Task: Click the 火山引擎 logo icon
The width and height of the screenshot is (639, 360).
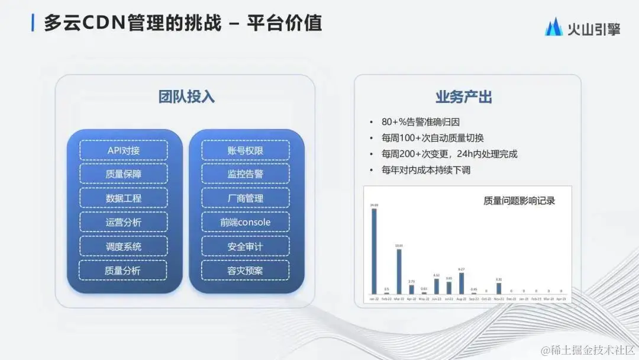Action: (x=554, y=27)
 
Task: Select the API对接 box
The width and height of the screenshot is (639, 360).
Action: (x=123, y=150)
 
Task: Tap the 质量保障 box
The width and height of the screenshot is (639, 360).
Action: (x=123, y=174)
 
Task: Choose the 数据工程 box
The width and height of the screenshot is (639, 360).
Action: (x=123, y=198)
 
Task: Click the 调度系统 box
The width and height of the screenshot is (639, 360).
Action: (x=123, y=246)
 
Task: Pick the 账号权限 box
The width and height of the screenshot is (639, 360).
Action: (x=245, y=150)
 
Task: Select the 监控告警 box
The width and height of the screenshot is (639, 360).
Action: (x=245, y=174)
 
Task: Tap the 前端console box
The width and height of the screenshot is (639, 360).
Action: (x=245, y=222)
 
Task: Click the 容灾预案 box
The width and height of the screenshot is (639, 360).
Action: (x=245, y=271)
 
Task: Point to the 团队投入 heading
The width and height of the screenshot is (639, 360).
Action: (x=185, y=97)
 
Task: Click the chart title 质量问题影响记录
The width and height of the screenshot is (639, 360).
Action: (x=519, y=201)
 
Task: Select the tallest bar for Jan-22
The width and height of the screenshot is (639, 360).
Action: (x=374, y=252)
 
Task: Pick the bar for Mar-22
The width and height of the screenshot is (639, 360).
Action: (x=399, y=272)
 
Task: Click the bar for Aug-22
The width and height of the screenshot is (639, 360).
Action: (x=461, y=284)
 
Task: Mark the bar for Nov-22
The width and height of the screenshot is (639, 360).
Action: (x=499, y=288)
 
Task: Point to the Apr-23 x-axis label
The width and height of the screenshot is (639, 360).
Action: (x=561, y=299)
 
